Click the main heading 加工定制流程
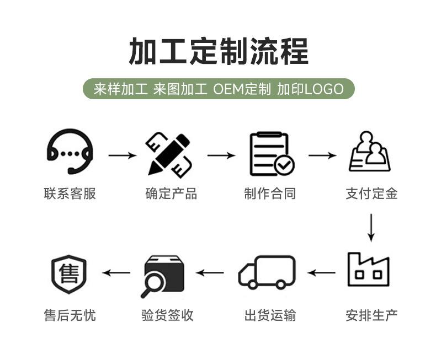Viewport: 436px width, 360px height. click(x=218, y=52)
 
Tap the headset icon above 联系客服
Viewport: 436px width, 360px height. click(x=70, y=152)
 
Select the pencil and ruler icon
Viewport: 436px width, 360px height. click(x=169, y=154)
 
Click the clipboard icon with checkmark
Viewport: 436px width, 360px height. click(x=271, y=154)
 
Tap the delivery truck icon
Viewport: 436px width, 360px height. click(x=267, y=272)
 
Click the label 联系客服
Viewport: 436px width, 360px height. click(x=70, y=194)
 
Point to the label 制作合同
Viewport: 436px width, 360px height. click(x=270, y=194)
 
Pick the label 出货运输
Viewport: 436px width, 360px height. click(x=270, y=315)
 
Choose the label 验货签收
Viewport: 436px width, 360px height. click(x=167, y=315)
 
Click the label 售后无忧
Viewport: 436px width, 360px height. click(x=70, y=315)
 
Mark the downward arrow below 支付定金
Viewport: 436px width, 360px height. click(x=371, y=227)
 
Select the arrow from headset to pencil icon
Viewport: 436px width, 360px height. click(x=123, y=155)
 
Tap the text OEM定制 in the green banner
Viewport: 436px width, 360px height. click(x=242, y=89)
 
